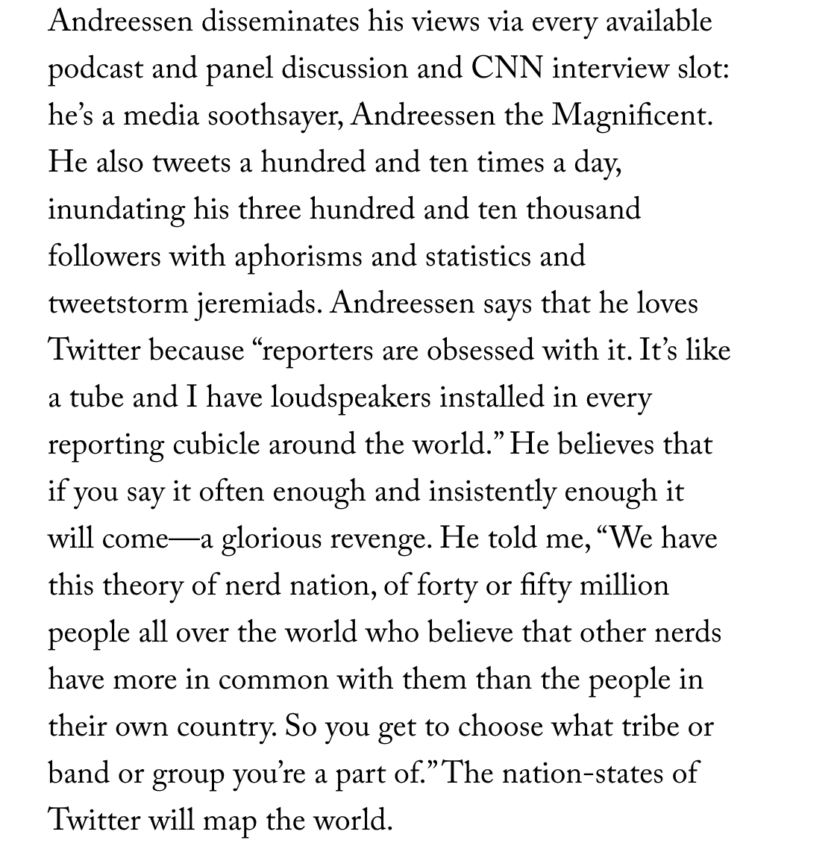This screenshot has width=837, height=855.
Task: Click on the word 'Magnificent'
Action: (632, 116)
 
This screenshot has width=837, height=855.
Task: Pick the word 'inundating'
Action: (116, 210)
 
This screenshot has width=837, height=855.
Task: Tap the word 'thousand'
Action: (583, 210)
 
